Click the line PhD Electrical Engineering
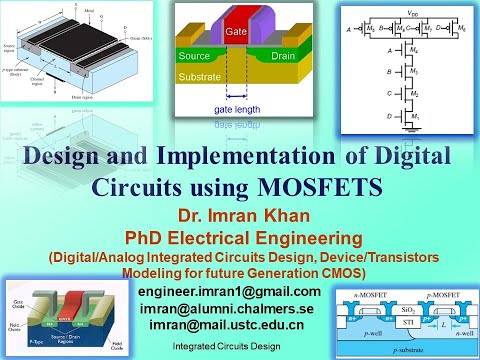241,235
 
